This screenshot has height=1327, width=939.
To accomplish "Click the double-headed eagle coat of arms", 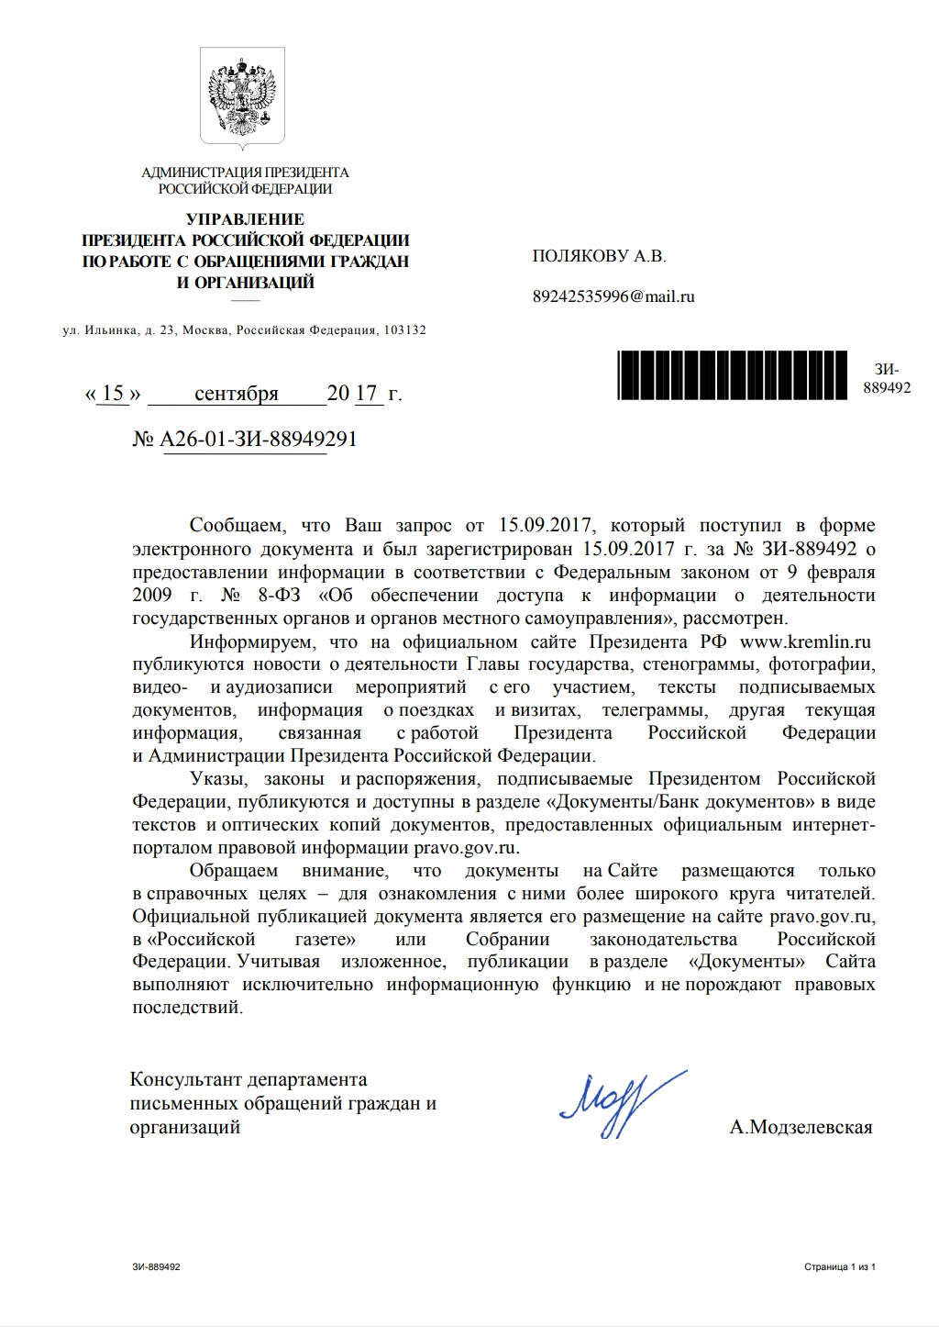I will click(x=242, y=95).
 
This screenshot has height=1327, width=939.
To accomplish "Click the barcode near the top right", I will click(x=732, y=375).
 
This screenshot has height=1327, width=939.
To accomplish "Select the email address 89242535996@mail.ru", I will click(x=613, y=296).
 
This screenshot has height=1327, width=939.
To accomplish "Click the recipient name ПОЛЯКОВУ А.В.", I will click(x=599, y=256).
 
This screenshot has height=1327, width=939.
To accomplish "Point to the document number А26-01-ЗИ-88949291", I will click(x=258, y=439).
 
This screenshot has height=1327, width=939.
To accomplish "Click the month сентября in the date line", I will click(x=237, y=394).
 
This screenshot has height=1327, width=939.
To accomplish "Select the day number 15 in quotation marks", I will click(x=113, y=394).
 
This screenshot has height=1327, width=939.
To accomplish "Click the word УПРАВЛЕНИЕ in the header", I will click(x=245, y=219).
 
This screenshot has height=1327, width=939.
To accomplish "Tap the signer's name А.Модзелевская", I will click(x=801, y=1127).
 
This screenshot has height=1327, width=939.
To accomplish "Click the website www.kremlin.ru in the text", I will click(x=805, y=641).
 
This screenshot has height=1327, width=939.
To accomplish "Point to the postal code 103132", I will click(x=404, y=330).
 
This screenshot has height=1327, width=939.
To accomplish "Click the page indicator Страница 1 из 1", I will click(x=839, y=1267).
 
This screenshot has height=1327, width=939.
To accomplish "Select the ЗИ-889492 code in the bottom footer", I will click(x=156, y=1267).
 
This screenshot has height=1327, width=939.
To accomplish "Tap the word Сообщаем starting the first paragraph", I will click(x=238, y=526).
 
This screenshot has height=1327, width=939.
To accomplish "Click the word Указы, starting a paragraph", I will click(x=218, y=779).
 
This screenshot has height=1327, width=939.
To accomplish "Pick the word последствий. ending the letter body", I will click(x=188, y=1008).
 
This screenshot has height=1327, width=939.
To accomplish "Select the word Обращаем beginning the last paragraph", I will click(x=234, y=870).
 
